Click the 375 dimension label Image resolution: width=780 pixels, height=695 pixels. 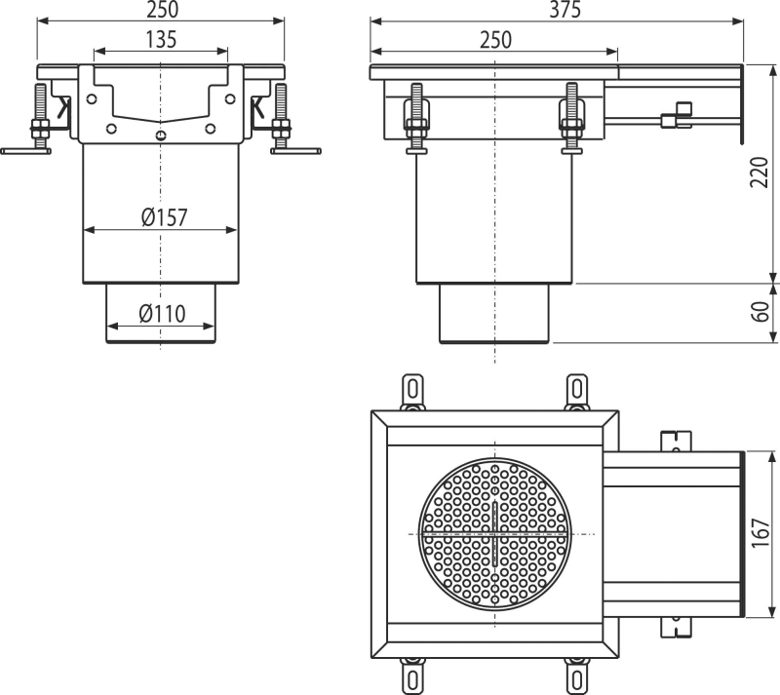[565, 10]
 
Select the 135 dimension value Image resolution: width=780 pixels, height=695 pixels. [161, 40]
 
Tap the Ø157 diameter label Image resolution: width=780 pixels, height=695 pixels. [164, 218]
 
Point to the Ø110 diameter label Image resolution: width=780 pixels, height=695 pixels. [162, 314]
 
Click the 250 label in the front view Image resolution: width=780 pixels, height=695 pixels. [162, 10]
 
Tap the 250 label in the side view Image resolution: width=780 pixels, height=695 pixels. [495, 40]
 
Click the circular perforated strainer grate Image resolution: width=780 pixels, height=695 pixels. [495, 534]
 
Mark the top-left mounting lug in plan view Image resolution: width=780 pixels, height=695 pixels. [412, 392]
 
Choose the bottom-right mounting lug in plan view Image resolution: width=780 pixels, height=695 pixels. [576, 676]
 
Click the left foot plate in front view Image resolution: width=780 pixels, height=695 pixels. [26, 151]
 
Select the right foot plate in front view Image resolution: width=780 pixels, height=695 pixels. [296, 151]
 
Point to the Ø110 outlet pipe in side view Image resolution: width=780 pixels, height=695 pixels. [494, 313]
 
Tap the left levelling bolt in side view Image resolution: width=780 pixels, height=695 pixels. [417, 118]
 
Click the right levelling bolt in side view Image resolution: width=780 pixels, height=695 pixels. [571, 118]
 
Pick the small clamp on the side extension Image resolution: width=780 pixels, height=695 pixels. [677, 115]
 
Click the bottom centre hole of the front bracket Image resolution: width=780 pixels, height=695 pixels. [160, 135]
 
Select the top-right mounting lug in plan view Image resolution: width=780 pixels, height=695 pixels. [576, 392]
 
